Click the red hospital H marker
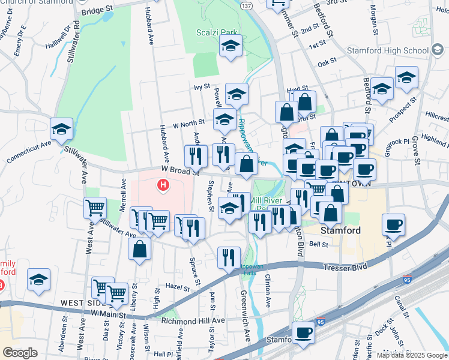point(162,185)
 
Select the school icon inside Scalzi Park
point(230,47)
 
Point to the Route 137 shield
point(247,5)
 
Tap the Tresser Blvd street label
point(348,266)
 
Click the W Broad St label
point(179,171)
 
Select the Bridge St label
point(97,10)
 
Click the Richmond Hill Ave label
point(193,320)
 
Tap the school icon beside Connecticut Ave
point(61,129)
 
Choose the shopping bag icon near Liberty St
point(139,248)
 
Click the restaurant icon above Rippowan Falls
point(228,257)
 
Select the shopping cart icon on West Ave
point(95,208)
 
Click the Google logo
point(20,352)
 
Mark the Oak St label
point(327,62)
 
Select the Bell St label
point(318,245)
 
